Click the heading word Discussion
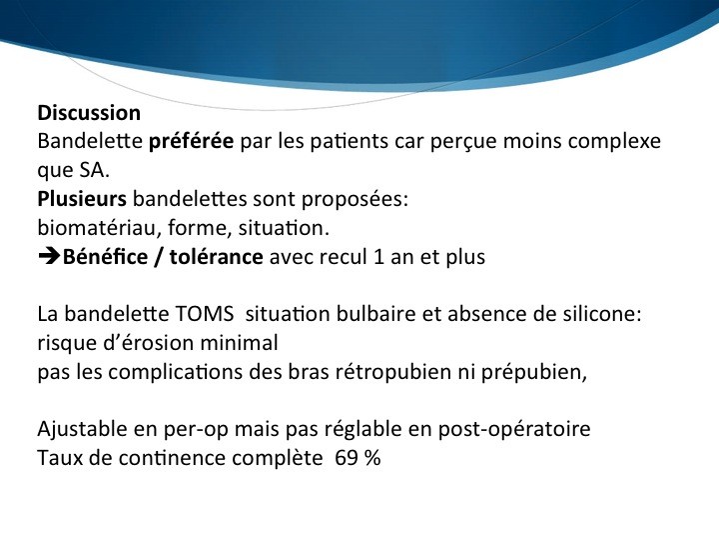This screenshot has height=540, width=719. [89, 113]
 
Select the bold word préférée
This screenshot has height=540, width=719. [191, 141]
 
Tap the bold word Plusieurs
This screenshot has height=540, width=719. [82, 199]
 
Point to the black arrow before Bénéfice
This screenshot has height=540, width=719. [49, 257]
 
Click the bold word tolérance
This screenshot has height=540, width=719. [216, 257]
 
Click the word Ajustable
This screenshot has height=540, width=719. [82, 430]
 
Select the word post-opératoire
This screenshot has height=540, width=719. [514, 430]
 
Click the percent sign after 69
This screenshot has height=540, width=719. [372, 458]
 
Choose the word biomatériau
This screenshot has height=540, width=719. [99, 228]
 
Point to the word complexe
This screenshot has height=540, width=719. [614, 141]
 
